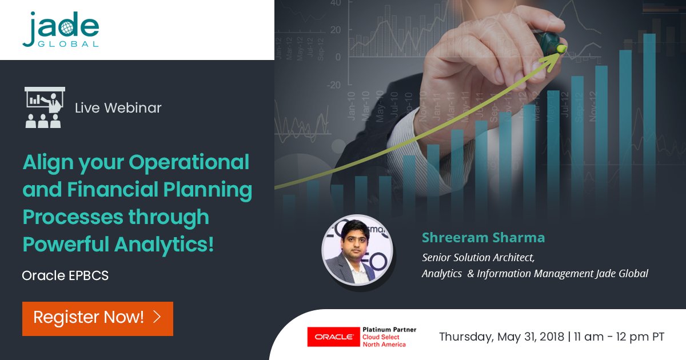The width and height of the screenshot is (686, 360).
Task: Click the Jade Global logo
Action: pos(61,29)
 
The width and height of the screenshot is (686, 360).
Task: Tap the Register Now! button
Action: pos(97,318)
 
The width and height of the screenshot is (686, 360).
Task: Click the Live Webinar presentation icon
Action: pos(44,107)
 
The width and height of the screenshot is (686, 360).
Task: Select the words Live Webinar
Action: pos(118,107)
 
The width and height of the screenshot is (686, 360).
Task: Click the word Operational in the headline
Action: pos(189,162)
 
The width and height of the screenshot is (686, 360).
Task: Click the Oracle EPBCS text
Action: pos(65,275)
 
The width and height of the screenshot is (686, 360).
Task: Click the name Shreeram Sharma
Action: pos(483,237)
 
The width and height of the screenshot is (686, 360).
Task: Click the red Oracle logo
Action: pos(330,337)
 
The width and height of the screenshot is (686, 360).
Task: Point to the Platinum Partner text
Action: pos(389,330)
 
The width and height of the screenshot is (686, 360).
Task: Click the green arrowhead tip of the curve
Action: pos(561,49)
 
